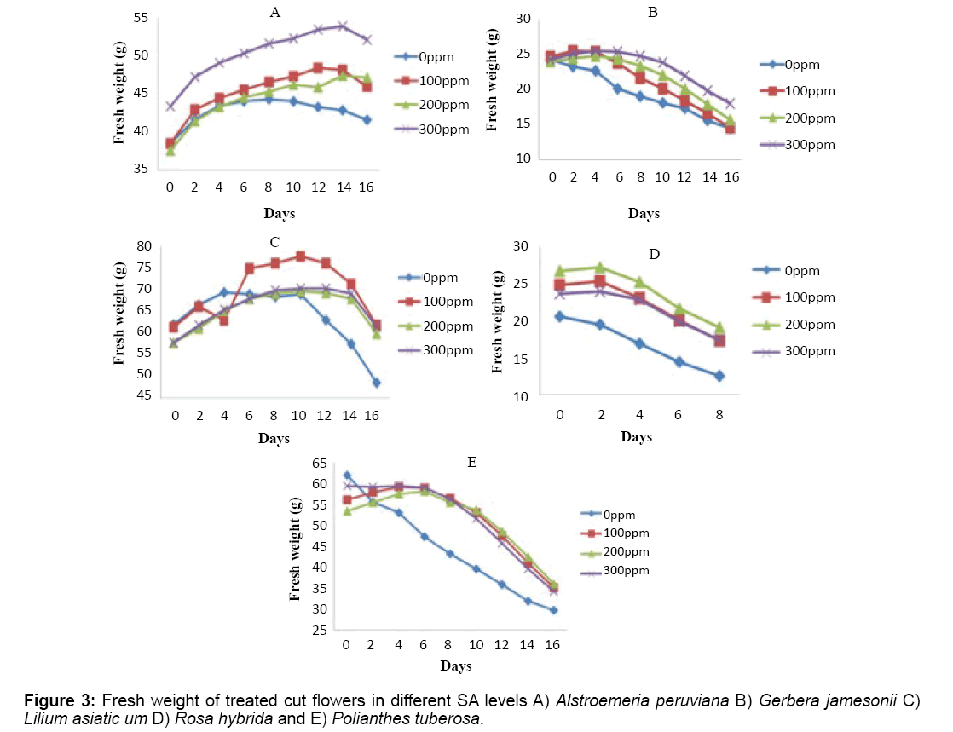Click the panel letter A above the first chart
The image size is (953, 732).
click(x=274, y=12)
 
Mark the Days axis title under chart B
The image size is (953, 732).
click(x=644, y=214)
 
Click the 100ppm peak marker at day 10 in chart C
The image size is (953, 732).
click(x=301, y=256)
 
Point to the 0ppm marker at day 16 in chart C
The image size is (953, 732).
click(x=376, y=383)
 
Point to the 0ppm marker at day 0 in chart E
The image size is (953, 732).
click(x=347, y=476)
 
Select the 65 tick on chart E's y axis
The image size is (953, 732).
click(x=319, y=464)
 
